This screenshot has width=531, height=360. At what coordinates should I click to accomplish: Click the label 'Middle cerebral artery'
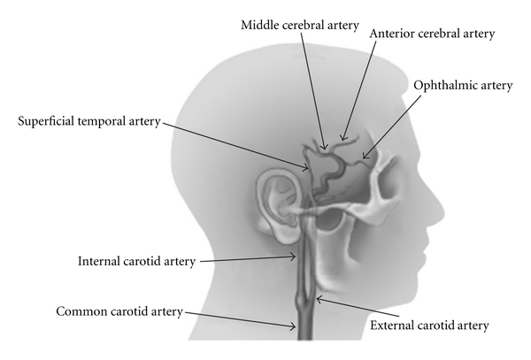[x=300, y=25]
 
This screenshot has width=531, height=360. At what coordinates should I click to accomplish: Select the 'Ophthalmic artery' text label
[x=462, y=85]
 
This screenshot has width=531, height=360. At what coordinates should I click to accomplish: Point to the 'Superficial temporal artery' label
[x=88, y=122]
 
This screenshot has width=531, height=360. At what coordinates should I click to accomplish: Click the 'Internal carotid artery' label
[x=136, y=261]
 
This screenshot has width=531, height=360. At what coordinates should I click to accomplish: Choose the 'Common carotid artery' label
[x=119, y=311]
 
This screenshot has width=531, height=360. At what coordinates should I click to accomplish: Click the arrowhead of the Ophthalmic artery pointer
[x=363, y=160]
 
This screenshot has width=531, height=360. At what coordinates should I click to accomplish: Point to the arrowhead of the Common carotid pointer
[x=297, y=327]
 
